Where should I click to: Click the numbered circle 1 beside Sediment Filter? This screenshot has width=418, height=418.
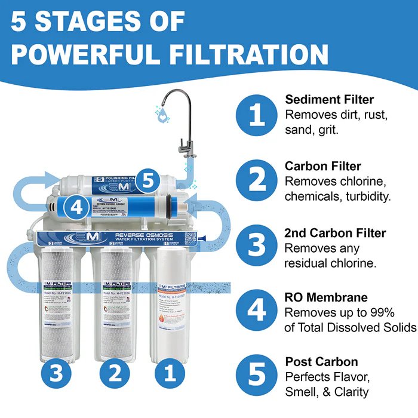[257, 114]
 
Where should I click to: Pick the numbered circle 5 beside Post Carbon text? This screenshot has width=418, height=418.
[257, 376]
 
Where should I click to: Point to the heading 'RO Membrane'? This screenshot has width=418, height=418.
[326, 297]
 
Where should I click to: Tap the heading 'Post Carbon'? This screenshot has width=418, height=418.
[321, 362]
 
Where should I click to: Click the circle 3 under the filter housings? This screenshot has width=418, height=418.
[54, 375]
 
